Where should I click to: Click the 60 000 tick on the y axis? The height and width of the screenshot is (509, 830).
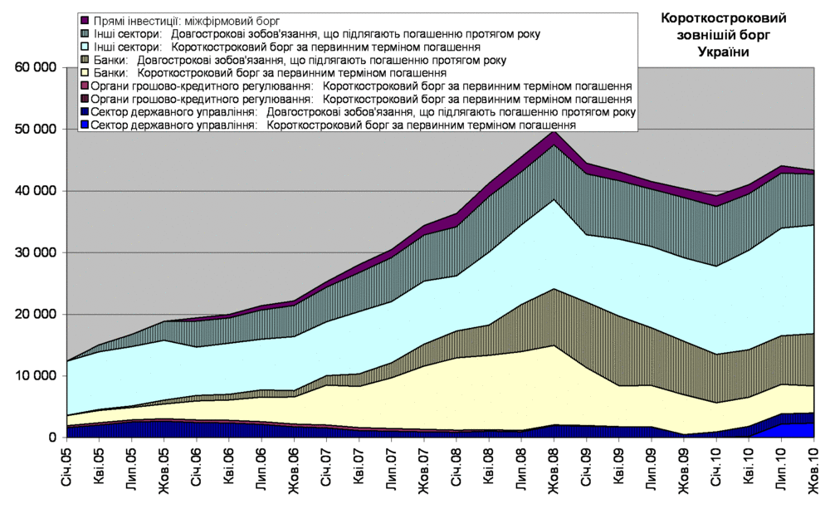[x=34, y=68]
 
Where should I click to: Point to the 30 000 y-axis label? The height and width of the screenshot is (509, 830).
[x=34, y=252]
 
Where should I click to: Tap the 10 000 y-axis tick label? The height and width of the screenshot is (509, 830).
[x=34, y=375]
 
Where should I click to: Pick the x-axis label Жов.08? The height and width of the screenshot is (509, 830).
[x=554, y=470]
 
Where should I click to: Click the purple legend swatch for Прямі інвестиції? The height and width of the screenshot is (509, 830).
[x=85, y=20]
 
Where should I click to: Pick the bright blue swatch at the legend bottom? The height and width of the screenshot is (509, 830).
[x=85, y=125]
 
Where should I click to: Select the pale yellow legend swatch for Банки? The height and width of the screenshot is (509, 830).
[x=85, y=72]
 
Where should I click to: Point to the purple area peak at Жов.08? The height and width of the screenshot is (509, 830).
[x=554, y=137]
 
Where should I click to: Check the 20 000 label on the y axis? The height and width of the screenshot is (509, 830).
[x=34, y=314]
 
